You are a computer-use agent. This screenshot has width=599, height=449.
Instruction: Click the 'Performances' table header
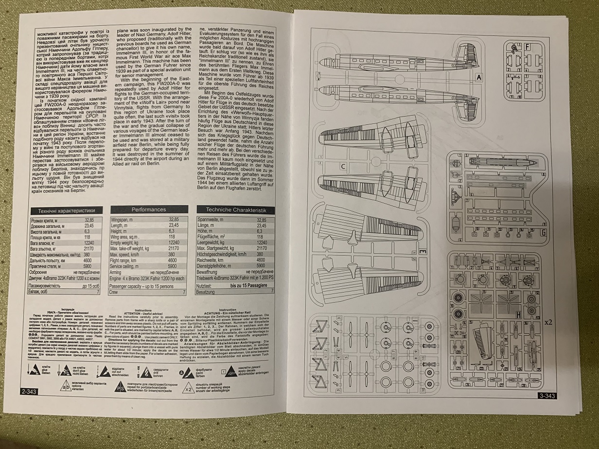tap(148, 209)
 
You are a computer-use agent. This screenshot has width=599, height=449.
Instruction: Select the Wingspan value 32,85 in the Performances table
tap(174, 220)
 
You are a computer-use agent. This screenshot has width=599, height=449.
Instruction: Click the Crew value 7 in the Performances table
tap(183, 293)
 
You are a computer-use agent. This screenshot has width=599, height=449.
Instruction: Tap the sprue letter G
tap(544, 232)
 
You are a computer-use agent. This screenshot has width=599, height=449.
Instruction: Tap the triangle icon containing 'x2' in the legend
tap(188, 388)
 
